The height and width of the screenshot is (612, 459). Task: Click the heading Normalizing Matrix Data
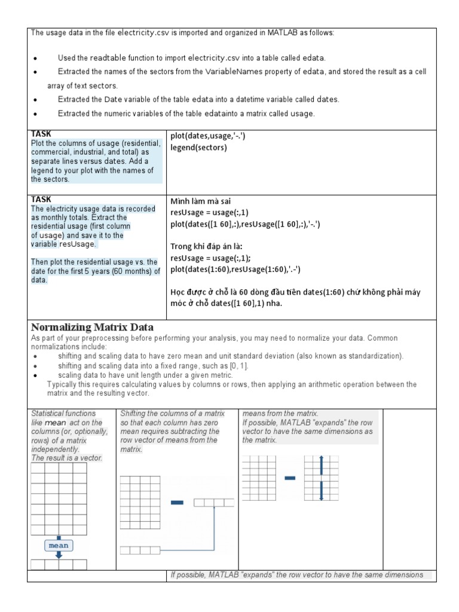[x=92, y=328]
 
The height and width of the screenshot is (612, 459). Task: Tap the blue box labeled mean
[x=59, y=545]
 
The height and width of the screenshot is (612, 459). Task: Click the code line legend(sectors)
[x=198, y=148]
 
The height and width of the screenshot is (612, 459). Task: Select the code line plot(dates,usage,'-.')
[x=207, y=136]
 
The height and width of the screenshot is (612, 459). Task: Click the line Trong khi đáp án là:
[x=206, y=247]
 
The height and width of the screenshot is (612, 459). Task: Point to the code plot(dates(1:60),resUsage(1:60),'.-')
[x=235, y=270]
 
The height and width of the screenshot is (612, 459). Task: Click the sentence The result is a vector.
[x=67, y=458]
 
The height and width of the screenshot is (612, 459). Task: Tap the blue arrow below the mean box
[x=59, y=555]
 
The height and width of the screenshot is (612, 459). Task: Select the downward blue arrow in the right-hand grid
[x=321, y=492]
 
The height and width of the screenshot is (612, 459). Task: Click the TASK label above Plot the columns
[x=41, y=134]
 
